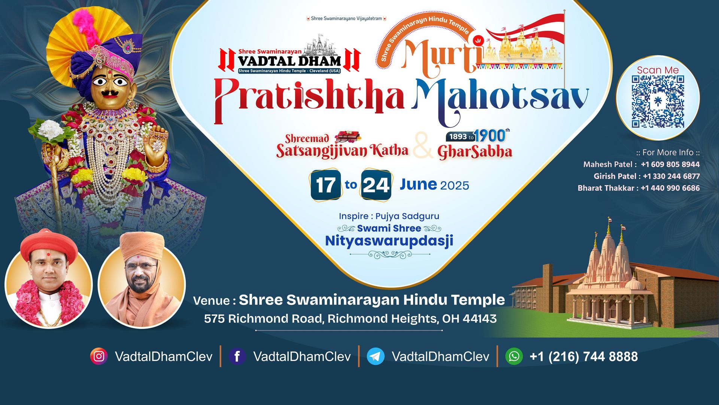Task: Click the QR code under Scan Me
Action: (658, 102)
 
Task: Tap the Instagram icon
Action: (99, 356)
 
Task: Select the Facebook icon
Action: (237, 356)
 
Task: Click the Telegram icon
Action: (376, 356)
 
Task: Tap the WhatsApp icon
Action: (514, 356)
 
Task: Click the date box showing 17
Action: (325, 185)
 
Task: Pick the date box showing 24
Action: (376, 185)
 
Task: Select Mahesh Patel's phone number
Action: (670, 164)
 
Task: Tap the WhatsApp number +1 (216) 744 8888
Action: (583, 356)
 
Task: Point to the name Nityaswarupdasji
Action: (389, 241)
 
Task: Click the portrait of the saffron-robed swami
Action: (142, 279)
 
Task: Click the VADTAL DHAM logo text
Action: (289, 61)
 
